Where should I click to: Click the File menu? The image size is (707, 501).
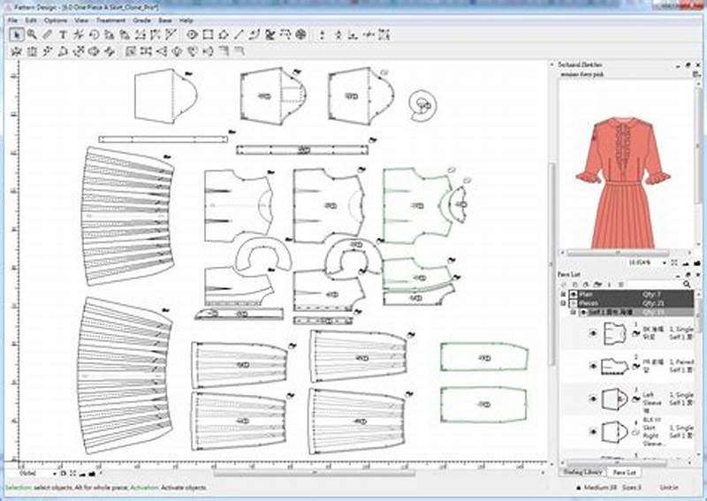coord(12,19)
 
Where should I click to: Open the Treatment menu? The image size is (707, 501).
coord(110,19)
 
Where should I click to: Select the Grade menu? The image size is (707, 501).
coord(141,19)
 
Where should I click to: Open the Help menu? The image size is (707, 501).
coord(186,19)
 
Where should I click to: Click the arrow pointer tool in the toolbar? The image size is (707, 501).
coord(16,34)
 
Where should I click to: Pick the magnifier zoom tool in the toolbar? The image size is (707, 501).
coord(32,34)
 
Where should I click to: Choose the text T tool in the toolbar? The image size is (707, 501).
coord(63,34)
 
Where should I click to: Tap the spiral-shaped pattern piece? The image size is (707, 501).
coord(423,105)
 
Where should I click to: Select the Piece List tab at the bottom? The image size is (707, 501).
coord(624,473)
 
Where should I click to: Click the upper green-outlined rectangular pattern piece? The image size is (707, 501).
coord(483,358)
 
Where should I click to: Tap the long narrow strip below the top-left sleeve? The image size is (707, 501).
coord(163,139)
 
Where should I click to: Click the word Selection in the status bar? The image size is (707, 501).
coord(20,488)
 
